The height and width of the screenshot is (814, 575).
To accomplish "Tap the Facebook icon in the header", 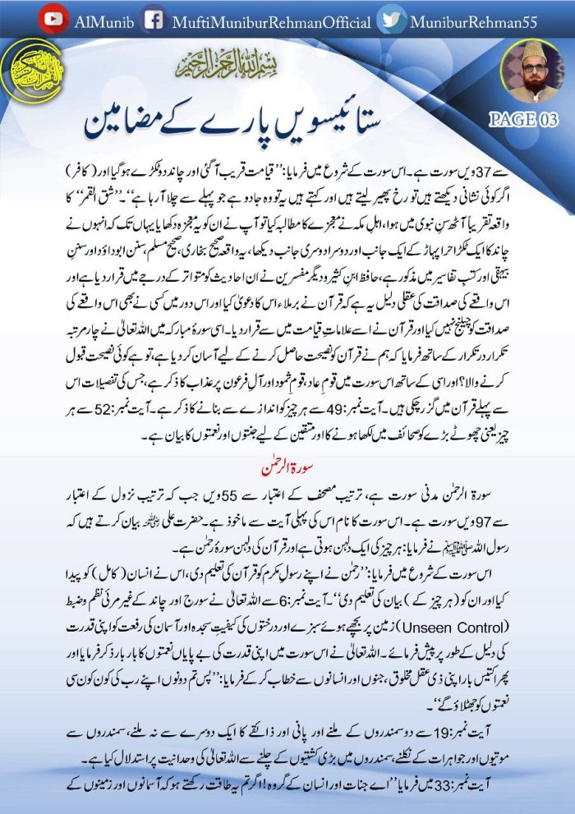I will [151, 20].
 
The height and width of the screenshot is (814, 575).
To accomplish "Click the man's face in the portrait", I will [532, 67].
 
